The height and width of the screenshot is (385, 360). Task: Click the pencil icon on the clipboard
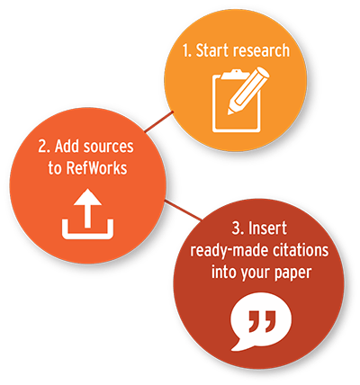[248, 91]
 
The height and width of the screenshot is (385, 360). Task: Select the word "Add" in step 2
[67, 147]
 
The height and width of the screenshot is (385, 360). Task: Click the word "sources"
[108, 147]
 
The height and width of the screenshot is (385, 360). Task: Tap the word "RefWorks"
[96, 168]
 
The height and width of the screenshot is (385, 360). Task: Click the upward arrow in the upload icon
[87, 208]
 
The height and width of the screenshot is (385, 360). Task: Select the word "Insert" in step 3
[267, 228]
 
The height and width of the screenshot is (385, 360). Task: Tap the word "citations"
[301, 250]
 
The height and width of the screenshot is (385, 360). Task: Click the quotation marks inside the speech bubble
[262, 321]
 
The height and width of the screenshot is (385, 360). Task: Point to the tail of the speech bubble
[239, 345]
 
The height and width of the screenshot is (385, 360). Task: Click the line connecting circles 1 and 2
[159, 121]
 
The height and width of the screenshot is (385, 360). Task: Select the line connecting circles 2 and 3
[184, 210]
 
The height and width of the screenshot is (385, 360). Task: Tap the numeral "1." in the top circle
[187, 50]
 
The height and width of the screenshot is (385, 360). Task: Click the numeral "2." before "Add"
[44, 147]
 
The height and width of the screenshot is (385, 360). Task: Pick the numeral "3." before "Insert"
[238, 228]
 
